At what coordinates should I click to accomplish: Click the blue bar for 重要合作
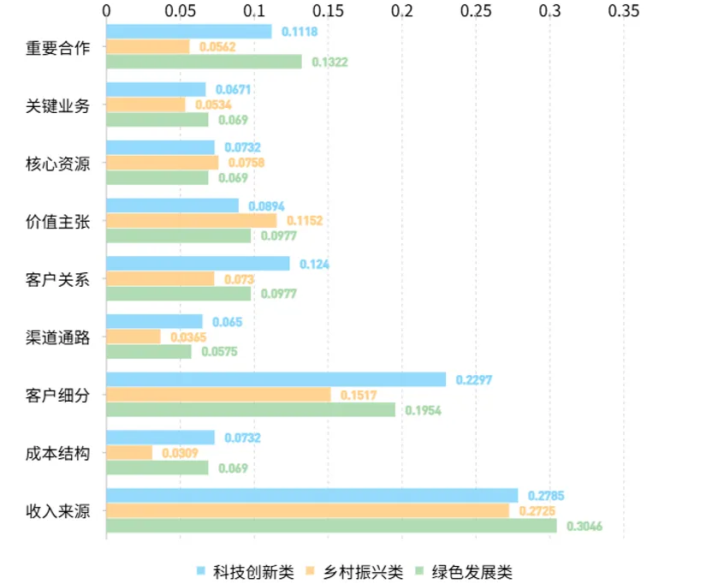pyautogui.click(x=189, y=32)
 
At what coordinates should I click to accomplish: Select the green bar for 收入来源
pyautogui.click(x=331, y=526)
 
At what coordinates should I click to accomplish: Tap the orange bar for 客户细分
pyautogui.click(x=218, y=395)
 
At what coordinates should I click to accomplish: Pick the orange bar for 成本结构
pyautogui.click(x=129, y=453)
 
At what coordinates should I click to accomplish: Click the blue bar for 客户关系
pyautogui.click(x=198, y=264)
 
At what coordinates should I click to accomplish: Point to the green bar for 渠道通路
pyautogui.click(x=149, y=351)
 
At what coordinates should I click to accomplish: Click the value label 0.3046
pyautogui.click(x=584, y=527)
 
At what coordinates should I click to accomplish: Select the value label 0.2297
pyautogui.click(x=473, y=380)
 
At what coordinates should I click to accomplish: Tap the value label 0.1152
pyautogui.click(x=305, y=221)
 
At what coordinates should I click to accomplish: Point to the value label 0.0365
pyautogui.click(x=188, y=337)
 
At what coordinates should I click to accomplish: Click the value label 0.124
pyautogui.click(x=314, y=264)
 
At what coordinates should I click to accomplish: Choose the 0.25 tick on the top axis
pyautogui.click(x=476, y=11)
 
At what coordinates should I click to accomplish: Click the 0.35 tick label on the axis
pyautogui.click(x=624, y=11)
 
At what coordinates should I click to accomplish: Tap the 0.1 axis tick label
pyautogui.click(x=254, y=11)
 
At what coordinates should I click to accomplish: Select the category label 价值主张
pyautogui.click(x=57, y=222)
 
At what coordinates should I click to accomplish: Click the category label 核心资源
pyautogui.click(x=57, y=164)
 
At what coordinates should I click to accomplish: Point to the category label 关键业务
pyautogui.click(x=57, y=106)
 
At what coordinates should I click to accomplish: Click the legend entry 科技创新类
pyautogui.click(x=246, y=571)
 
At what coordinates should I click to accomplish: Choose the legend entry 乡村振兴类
pyautogui.click(x=354, y=571)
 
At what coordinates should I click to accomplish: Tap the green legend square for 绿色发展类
pyautogui.click(x=419, y=571)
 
